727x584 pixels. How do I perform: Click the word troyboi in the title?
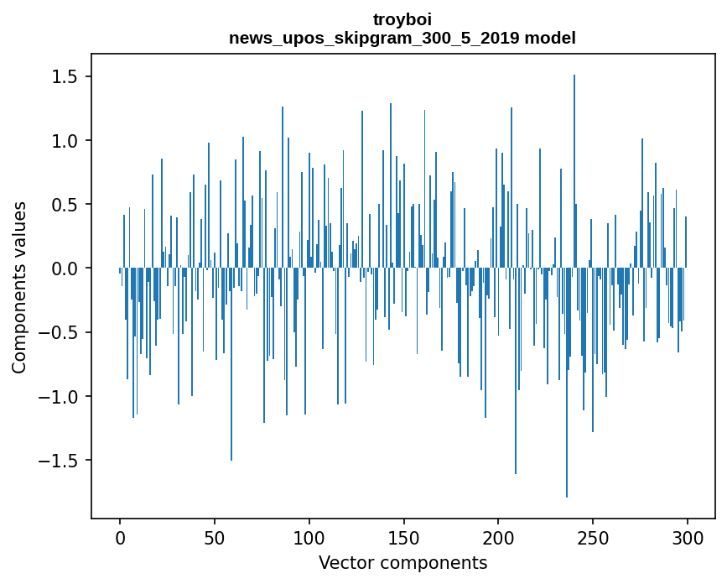click(x=402, y=19)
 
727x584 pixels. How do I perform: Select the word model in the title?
click(x=548, y=38)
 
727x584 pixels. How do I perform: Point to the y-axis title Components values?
click(x=19, y=287)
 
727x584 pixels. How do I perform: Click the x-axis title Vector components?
click(x=402, y=563)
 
